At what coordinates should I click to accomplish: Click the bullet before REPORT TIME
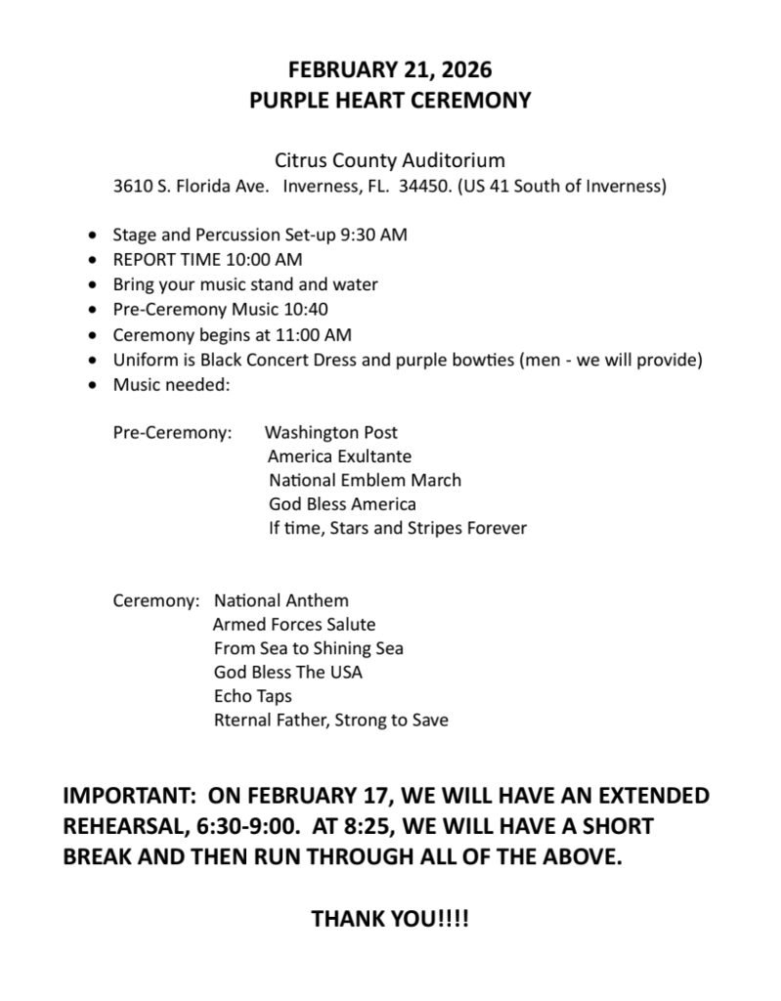coord(92,260)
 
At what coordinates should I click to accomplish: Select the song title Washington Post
coord(331,432)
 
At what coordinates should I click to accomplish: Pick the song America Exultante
coord(339,457)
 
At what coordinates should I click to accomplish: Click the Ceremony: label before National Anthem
coord(155,600)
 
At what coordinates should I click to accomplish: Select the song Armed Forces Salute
coord(293,624)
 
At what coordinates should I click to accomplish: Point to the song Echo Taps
coord(252,697)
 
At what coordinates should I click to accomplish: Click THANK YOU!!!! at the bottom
coord(390,920)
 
